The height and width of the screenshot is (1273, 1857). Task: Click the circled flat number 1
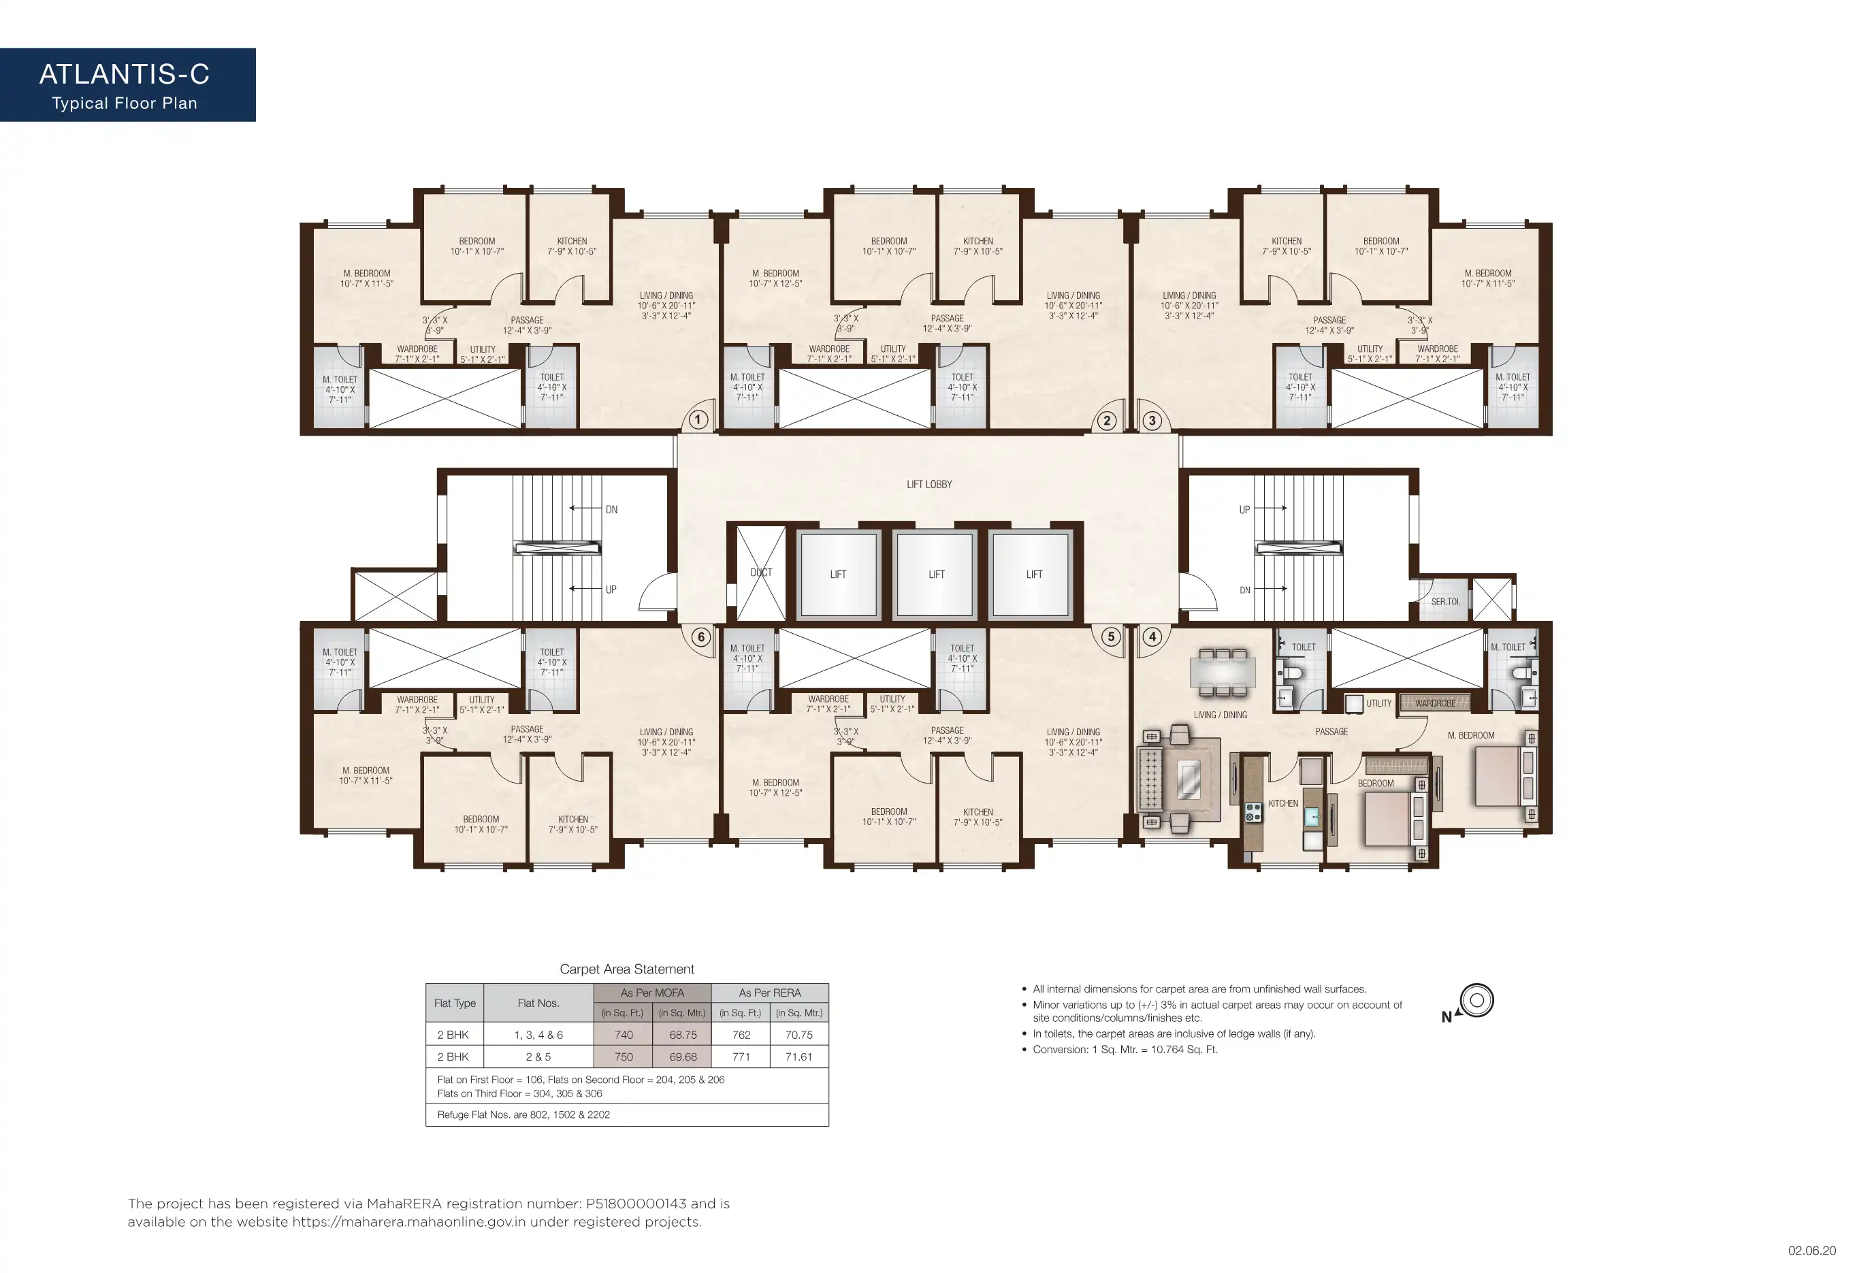point(698,419)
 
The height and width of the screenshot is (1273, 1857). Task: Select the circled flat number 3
point(1152,420)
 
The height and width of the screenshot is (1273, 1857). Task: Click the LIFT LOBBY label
point(929,484)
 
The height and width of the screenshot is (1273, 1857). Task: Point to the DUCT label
point(762,573)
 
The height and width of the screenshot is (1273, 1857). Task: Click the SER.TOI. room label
point(1445,602)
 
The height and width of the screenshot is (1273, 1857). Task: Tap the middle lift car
point(935,574)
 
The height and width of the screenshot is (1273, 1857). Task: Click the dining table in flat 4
point(1223,671)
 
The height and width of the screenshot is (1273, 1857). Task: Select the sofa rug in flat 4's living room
point(1188,780)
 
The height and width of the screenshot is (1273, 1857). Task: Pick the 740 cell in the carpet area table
point(624,1035)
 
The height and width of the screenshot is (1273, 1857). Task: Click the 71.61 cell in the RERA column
point(799,1057)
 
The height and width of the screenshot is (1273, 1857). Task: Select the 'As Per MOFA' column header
point(652,993)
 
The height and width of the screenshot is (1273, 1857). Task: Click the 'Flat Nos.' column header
point(538,1003)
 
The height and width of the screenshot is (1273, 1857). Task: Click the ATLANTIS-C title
point(125,74)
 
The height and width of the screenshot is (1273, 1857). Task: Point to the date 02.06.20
point(1812,1251)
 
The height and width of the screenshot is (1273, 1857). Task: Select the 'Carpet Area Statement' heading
point(627,969)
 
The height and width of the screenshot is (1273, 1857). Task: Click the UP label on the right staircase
point(1244,510)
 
